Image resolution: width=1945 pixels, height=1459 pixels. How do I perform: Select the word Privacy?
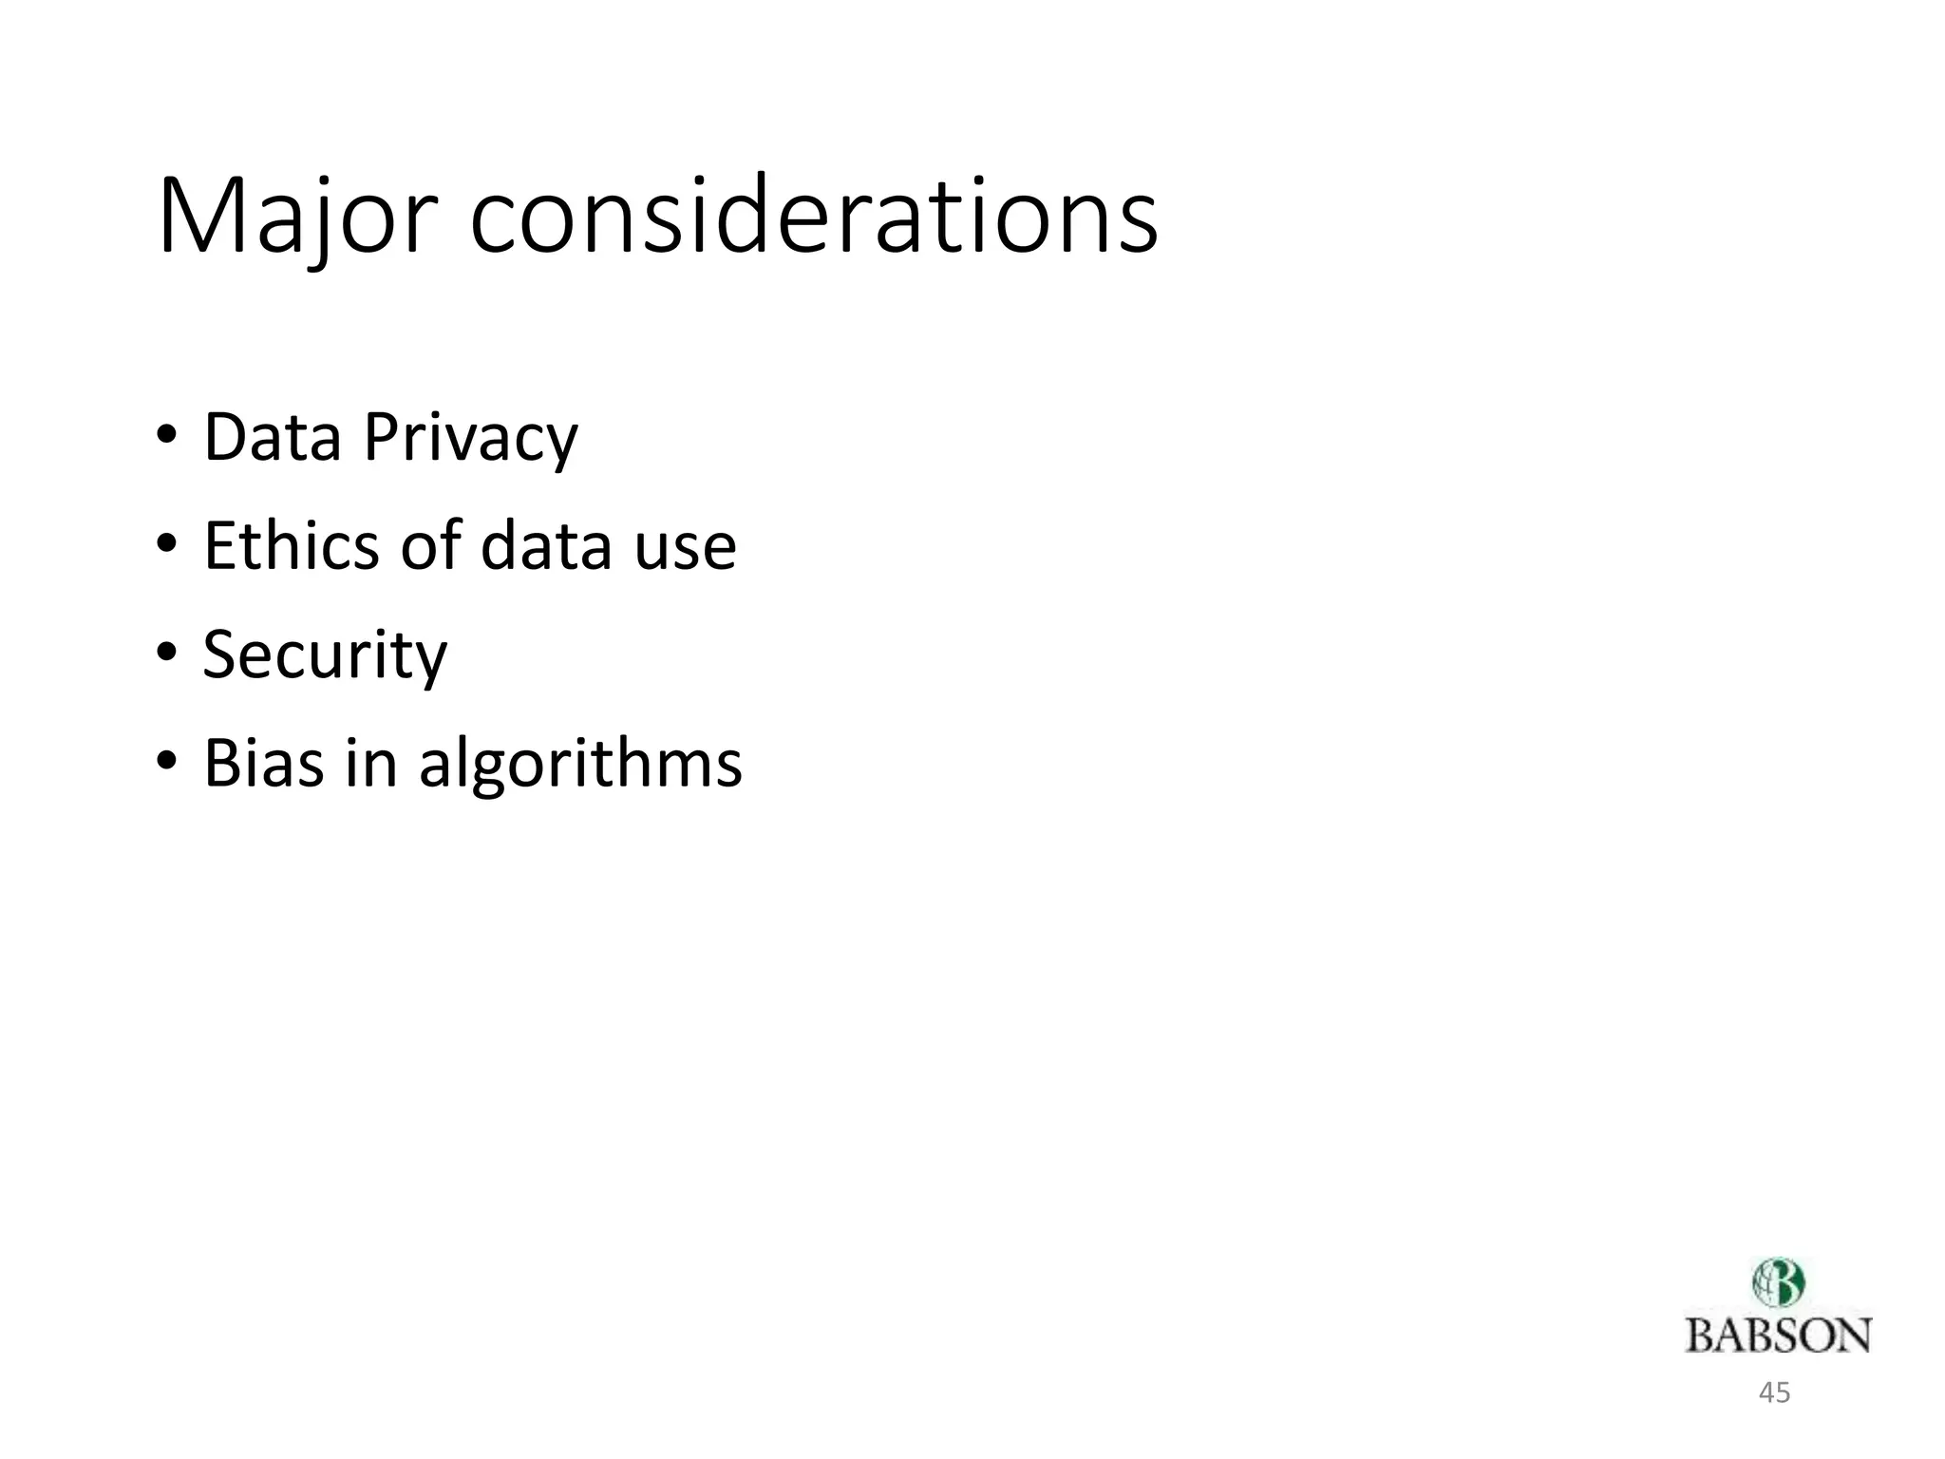click(470, 438)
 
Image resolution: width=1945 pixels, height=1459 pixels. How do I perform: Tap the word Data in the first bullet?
click(273, 438)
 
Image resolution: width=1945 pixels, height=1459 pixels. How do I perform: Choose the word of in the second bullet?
click(430, 546)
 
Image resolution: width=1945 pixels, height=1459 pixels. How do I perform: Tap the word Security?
click(325, 655)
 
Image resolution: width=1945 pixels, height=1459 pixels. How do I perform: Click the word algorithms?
click(580, 765)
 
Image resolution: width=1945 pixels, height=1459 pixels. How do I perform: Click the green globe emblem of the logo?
click(1778, 1283)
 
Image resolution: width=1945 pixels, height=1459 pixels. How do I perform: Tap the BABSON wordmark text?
click(1778, 1336)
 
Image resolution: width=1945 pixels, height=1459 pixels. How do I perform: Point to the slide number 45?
click(1774, 1393)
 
